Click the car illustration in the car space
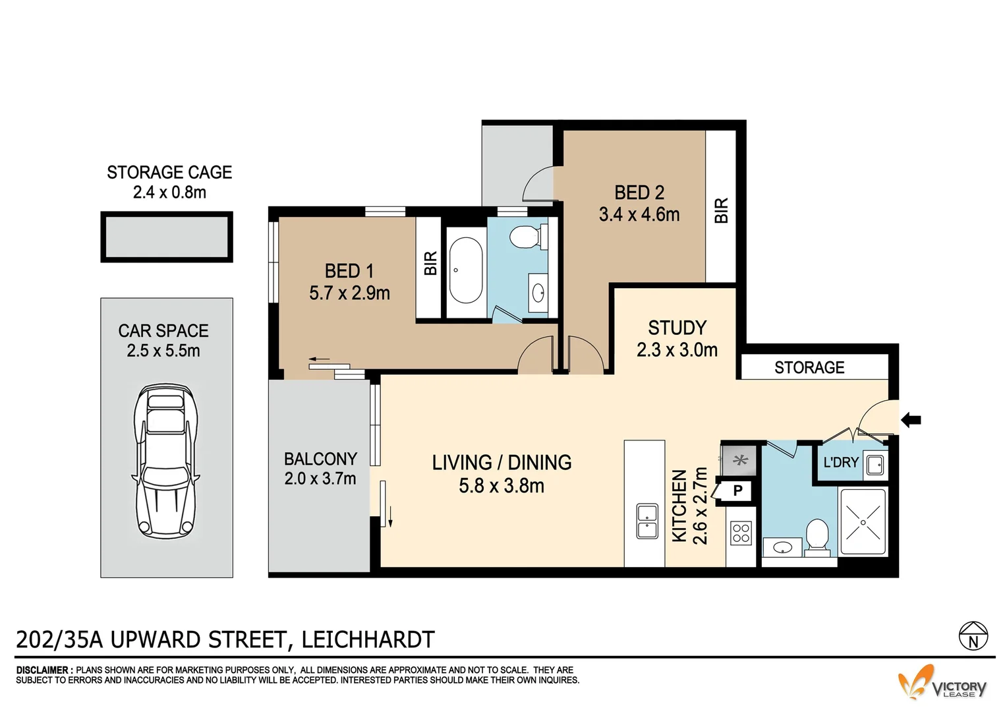[165, 461]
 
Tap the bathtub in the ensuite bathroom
[465, 270]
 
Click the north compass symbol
[973, 635]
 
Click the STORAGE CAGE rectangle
[166, 237]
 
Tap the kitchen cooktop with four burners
[741, 533]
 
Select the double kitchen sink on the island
[647, 521]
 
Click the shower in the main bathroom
[863, 520]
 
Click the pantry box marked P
[737, 490]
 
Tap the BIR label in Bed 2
[721, 210]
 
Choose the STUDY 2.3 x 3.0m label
[677, 338]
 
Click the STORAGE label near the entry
[809, 367]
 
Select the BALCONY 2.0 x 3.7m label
[320, 469]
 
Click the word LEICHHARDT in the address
[368, 639]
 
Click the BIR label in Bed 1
[430, 264]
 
